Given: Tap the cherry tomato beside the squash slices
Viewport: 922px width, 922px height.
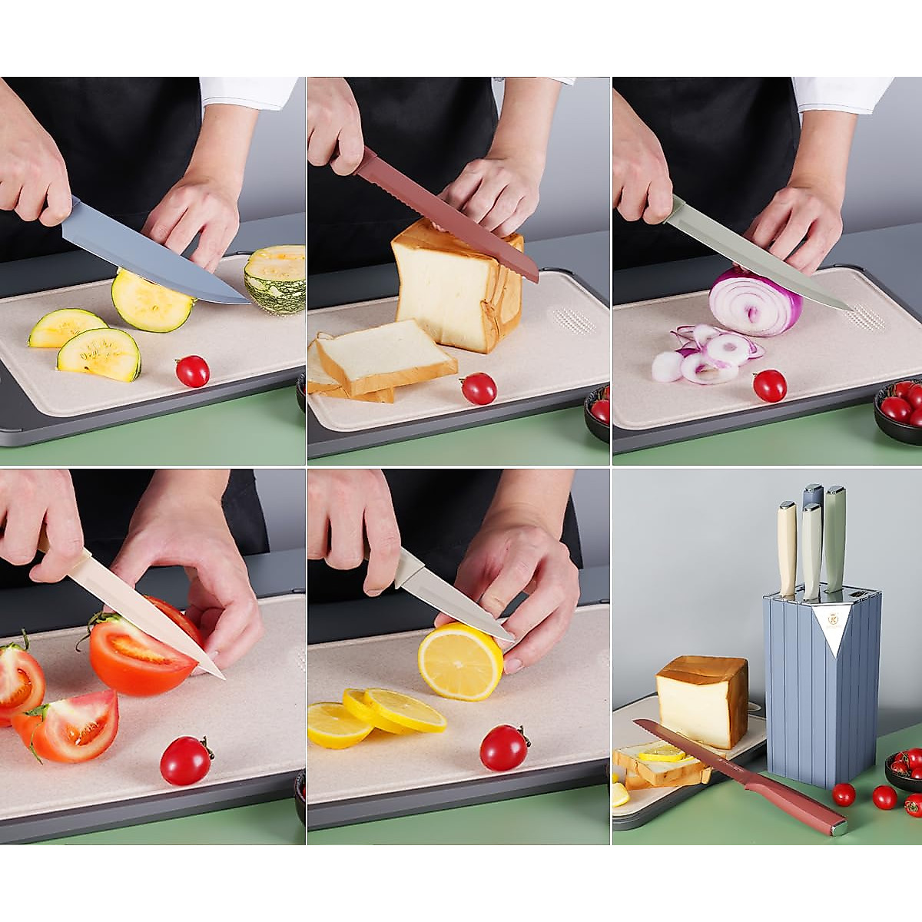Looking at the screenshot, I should tap(192, 371).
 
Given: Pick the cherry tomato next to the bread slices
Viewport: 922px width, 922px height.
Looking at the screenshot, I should tap(479, 388).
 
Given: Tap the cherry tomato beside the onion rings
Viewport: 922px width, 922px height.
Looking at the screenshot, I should tap(769, 385).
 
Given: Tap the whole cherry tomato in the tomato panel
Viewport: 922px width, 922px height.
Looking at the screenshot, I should tap(186, 760).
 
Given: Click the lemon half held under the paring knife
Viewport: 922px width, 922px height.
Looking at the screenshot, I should tap(459, 662).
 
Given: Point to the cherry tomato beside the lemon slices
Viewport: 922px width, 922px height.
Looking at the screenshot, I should tap(504, 748).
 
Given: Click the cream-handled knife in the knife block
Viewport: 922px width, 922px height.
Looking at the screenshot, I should tap(787, 547).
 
